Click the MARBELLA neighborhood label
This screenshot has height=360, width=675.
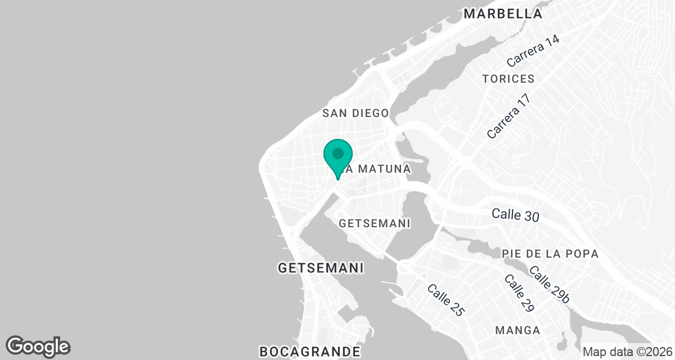pos(503,14)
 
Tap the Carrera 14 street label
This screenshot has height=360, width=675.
pos(533,55)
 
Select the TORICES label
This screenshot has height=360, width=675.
pos(508,79)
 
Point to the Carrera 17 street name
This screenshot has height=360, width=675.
pos(509,117)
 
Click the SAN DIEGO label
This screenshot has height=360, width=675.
pos(355,113)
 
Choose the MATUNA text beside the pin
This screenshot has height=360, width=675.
pos(383,169)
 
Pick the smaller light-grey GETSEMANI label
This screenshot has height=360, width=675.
pos(375,223)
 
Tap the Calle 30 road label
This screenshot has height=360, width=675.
pos(515,214)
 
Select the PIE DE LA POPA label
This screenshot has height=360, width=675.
pos(551,254)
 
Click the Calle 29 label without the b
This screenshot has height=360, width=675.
pos(518,294)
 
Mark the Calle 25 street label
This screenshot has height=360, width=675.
pos(445,300)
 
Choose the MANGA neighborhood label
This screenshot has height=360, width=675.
pos(517,330)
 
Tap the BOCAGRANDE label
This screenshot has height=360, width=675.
pos(310,352)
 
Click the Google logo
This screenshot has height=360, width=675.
pos(38,346)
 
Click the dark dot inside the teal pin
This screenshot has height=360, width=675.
pos(338,154)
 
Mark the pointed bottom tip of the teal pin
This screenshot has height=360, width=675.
pos(337,179)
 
